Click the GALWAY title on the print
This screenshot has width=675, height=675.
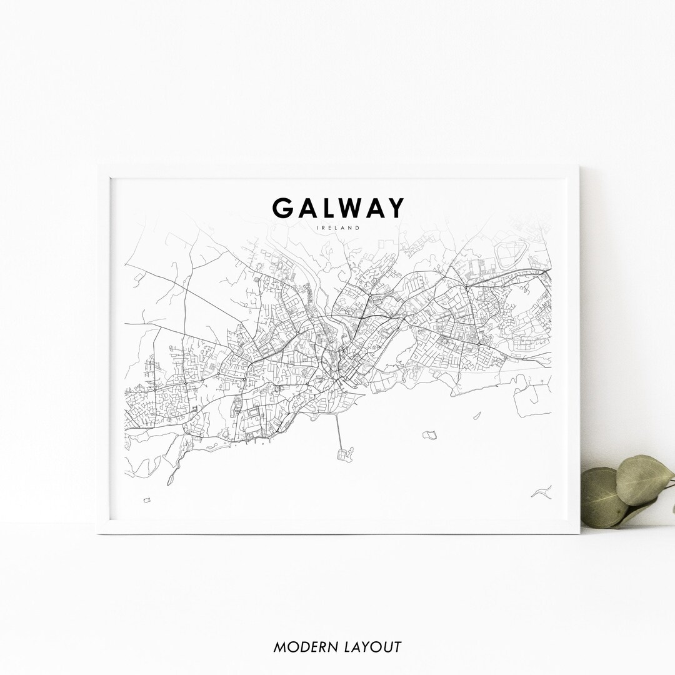pos(338,208)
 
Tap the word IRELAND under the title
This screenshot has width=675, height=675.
pos(338,228)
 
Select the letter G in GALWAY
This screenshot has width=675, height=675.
pos(282,208)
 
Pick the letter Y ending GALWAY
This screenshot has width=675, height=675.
pos(395,208)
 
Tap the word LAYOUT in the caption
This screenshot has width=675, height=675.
pos(372,647)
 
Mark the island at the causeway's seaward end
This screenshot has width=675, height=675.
pos(344,453)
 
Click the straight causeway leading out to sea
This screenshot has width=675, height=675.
pos(338,431)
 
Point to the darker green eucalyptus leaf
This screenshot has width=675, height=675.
pos(603,497)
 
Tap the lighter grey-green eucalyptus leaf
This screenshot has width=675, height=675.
pos(644,478)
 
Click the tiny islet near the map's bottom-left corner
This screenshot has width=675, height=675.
pos(147,500)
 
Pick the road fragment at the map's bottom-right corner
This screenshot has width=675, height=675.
pos(541,492)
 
